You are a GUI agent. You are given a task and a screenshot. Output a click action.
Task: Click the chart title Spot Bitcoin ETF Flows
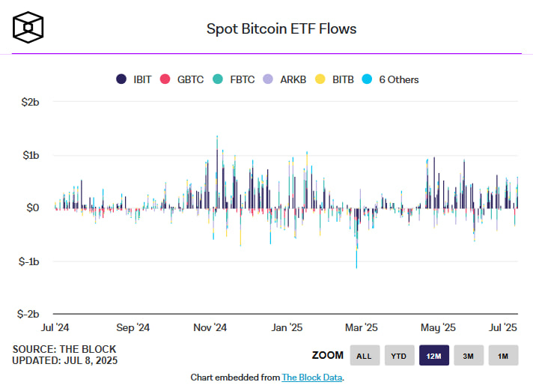[x=281, y=29]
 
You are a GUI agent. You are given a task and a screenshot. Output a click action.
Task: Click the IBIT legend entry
[x=135, y=79]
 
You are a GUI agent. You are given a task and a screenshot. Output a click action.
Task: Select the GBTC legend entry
[x=183, y=79]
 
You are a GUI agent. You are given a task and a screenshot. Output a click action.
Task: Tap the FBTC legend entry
[x=234, y=79]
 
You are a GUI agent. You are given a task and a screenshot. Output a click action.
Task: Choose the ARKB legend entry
[x=286, y=79]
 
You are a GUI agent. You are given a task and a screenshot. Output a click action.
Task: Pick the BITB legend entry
[x=336, y=79]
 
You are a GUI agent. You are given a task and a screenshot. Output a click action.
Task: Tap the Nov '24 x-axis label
[x=210, y=327]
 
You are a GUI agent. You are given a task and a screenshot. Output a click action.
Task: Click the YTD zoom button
[x=399, y=356]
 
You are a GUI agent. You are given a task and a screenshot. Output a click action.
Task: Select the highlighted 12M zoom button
[x=434, y=356]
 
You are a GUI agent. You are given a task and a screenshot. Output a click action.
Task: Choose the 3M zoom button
[x=469, y=356]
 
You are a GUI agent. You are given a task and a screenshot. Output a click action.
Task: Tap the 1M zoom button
[x=503, y=356]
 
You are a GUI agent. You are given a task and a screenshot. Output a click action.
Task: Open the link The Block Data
[x=311, y=378]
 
